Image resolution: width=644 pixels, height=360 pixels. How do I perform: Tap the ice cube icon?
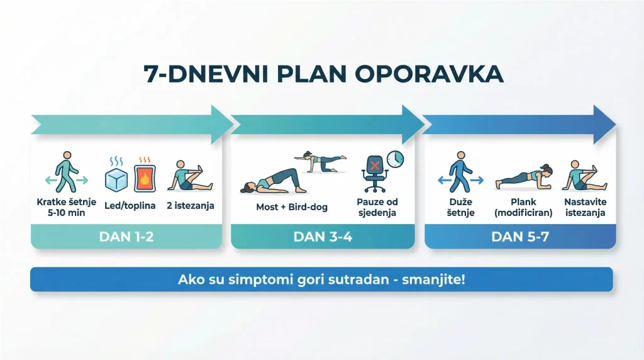point(116,179)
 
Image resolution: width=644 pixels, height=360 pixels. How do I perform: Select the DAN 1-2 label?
point(126,237)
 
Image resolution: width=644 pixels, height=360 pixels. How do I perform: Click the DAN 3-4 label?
point(322,237)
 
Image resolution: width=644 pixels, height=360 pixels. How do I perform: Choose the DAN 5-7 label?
point(519,237)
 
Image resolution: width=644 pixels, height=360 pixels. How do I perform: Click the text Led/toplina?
point(130,206)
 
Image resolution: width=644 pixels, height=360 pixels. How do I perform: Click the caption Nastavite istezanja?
point(585,207)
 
